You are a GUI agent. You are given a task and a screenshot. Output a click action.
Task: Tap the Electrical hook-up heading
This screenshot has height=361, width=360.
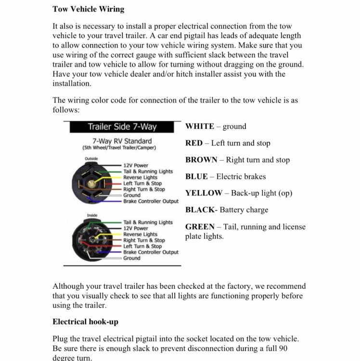[85, 322]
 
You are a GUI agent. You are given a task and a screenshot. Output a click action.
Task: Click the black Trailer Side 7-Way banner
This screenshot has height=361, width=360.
[122, 127]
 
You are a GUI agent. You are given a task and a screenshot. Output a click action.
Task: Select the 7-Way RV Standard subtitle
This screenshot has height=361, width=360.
[122, 141]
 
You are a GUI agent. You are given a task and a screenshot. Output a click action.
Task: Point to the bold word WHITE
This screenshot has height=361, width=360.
[200, 127]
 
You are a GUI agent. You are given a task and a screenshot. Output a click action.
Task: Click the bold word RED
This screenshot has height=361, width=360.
[193, 143]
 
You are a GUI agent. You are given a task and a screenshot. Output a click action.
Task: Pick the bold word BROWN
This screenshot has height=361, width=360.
[201, 160]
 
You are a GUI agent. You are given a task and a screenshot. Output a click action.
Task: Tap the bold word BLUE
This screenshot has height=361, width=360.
[196, 177]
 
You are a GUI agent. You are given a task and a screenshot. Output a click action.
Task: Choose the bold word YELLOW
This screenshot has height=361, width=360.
[204, 193]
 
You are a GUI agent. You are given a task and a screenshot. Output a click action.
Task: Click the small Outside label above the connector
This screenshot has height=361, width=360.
[91, 159]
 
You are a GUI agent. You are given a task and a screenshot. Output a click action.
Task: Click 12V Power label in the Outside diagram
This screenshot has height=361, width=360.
[136, 166]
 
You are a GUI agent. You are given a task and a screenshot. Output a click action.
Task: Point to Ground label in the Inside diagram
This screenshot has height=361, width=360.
[132, 258]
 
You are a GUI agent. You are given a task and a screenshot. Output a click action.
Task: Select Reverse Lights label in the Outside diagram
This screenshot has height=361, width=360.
[140, 178]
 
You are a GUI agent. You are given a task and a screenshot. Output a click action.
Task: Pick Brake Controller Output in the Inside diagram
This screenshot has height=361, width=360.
[151, 252]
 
